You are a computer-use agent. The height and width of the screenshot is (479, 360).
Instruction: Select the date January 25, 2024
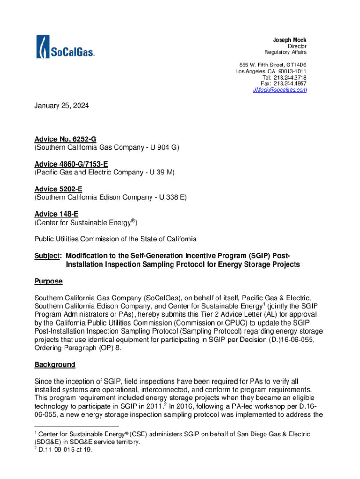(61, 106)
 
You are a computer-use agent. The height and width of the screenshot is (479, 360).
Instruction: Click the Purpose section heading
(49, 282)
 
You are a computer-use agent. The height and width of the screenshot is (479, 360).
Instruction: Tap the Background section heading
(55, 364)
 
